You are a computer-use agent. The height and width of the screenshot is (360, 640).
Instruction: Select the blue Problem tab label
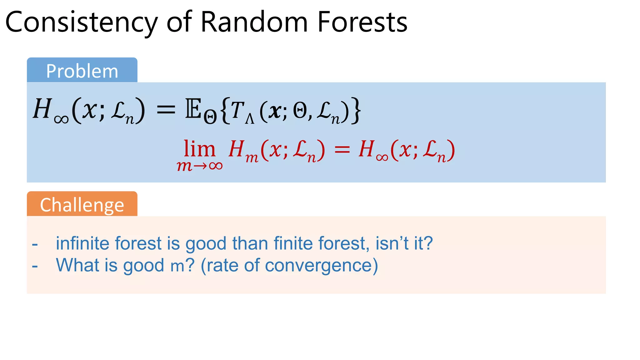pos(82,71)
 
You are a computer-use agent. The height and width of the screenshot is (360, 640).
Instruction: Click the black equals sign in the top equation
pos(166,110)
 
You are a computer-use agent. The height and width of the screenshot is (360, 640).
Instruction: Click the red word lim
pos(199,149)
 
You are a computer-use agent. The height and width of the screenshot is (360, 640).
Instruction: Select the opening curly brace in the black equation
pos(225,111)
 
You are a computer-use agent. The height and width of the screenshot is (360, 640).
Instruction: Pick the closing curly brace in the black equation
pos(356,111)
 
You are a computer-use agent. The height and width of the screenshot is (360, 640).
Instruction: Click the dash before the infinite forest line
pos(35,244)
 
